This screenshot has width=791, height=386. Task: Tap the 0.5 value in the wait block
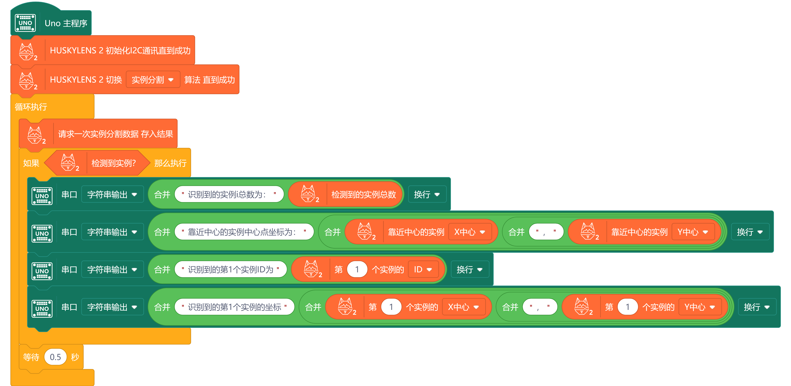(x=55, y=357)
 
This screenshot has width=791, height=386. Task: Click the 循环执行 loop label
(x=31, y=107)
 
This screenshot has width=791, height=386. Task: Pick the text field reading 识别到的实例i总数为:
(x=229, y=194)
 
